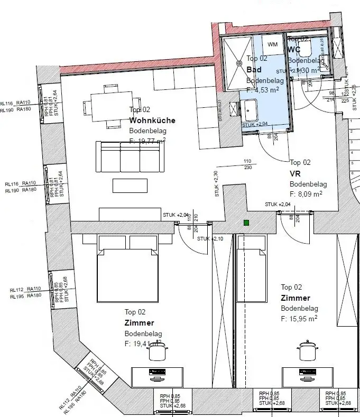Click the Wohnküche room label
[152, 121]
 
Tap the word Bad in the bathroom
[254, 69]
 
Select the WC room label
[294, 50]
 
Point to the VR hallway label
[295, 173]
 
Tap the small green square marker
[246, 223]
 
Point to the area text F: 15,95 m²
[299, 319]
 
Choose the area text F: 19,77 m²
[147, 141]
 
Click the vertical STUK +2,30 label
[216, 183]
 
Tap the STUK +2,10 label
[210, 239]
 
